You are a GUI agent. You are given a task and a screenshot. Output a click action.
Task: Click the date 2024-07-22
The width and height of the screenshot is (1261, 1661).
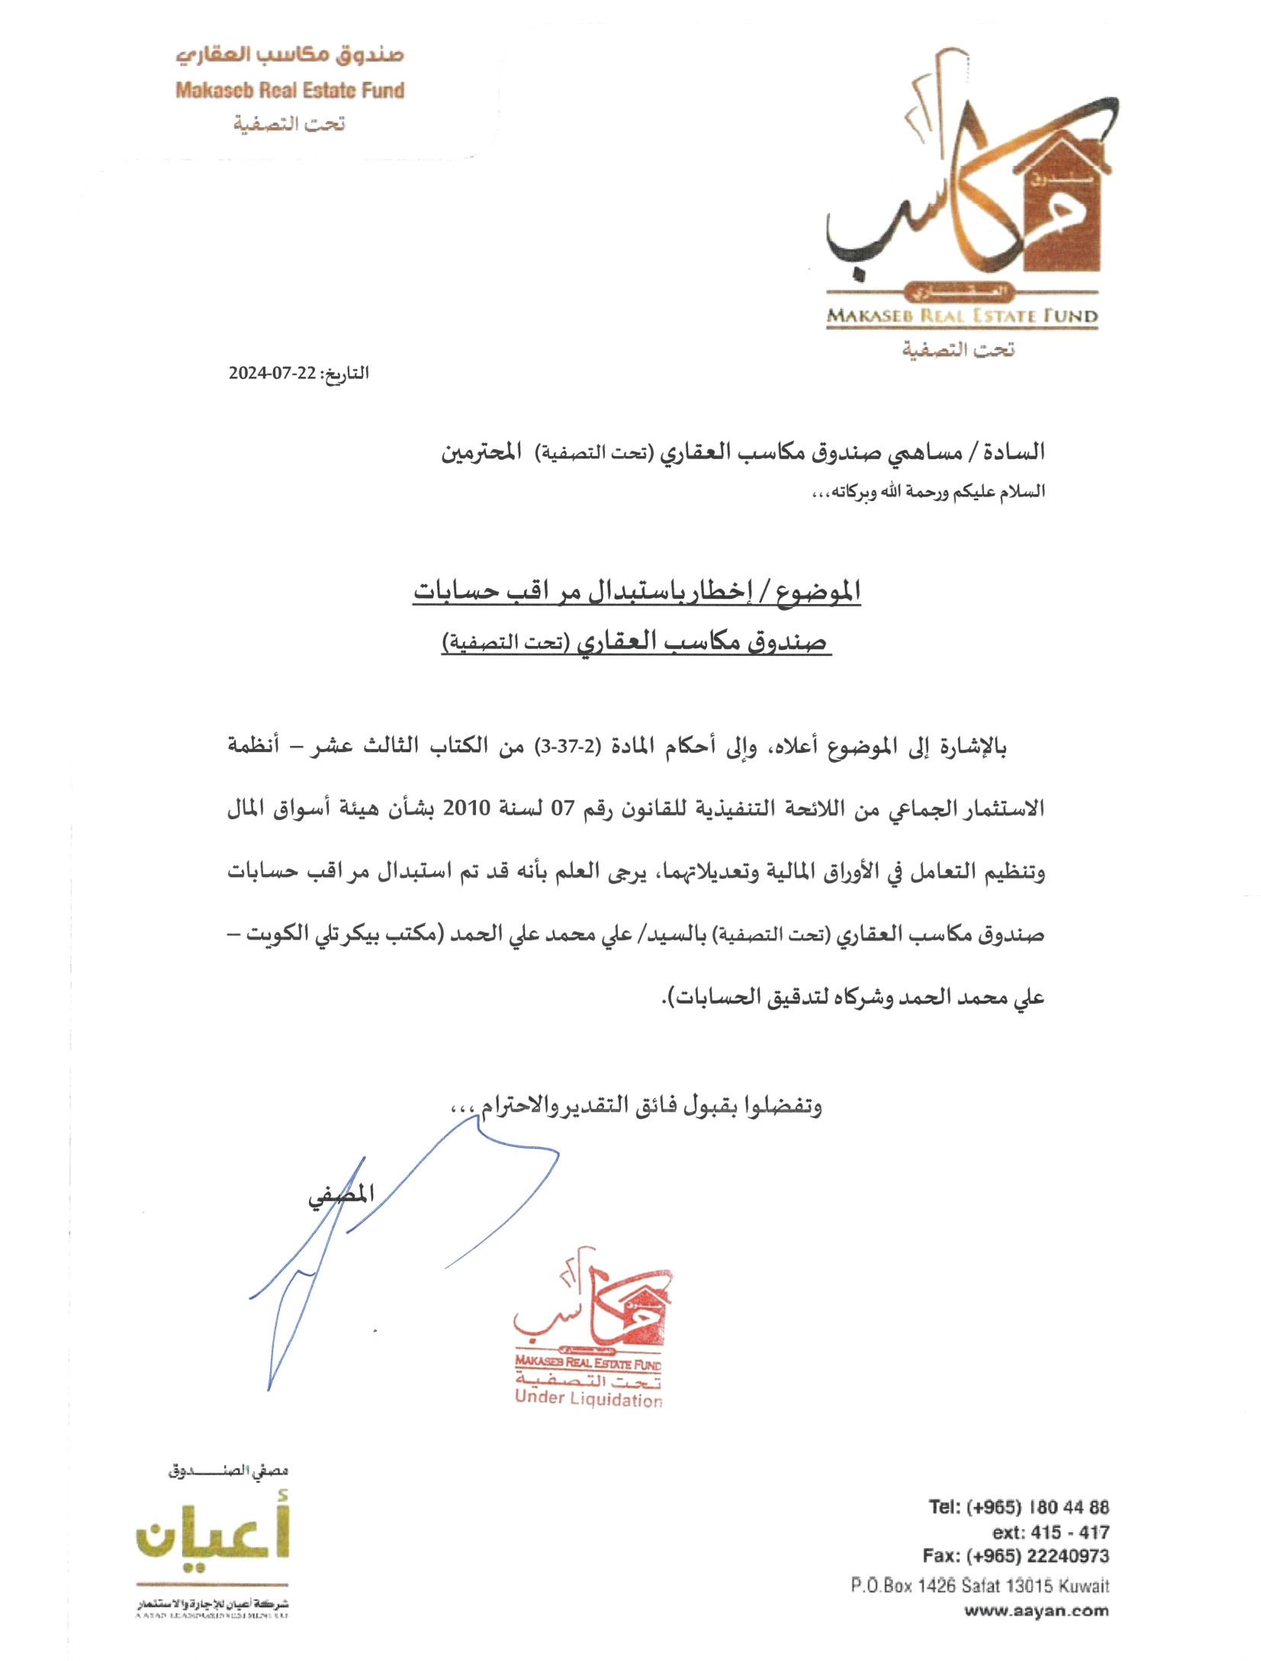[272, 373]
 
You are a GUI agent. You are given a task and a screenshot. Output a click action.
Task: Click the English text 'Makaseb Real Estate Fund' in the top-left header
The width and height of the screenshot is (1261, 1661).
[290, 91]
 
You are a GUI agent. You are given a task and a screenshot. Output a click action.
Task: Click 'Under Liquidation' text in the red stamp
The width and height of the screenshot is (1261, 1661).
[588, 1398]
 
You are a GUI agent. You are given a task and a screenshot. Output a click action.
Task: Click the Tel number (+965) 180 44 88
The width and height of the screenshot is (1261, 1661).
[1018, 1507]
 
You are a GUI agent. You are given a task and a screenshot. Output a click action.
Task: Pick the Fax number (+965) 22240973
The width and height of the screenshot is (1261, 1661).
[1015, 1556]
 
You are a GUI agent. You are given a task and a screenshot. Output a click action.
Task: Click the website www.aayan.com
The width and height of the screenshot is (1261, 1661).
[1036, 1611]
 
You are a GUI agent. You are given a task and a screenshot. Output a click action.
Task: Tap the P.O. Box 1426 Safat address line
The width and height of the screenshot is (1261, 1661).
[980, 1585]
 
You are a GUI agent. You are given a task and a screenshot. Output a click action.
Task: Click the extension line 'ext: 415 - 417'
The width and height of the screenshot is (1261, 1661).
[1050, 1532]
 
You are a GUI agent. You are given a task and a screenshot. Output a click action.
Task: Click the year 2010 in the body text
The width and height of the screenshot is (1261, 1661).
[466, 808]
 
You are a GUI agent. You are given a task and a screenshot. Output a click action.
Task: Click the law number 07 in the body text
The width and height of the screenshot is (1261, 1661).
[562, 808]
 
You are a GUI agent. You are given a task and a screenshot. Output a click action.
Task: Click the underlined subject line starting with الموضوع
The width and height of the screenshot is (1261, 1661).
[637, 591]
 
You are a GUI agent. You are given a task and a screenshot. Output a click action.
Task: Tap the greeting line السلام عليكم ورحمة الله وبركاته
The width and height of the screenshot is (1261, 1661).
[928, 492]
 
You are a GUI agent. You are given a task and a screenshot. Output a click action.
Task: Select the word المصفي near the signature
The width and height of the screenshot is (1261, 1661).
[341, 1194]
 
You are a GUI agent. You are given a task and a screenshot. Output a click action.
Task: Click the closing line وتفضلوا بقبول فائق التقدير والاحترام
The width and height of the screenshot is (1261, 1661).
[637, 1105]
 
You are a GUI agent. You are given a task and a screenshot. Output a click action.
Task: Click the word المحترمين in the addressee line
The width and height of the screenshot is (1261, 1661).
[481, 452]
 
